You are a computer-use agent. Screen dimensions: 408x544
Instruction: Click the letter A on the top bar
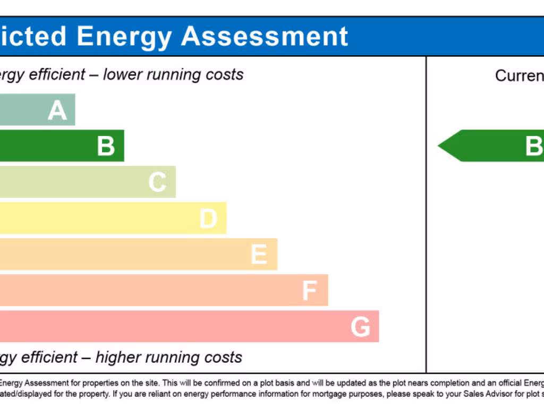[x=57, y=110]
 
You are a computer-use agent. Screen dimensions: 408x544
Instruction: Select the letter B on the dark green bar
[x=106, y=146]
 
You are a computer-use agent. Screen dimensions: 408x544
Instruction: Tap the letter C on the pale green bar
[x=157, y=182]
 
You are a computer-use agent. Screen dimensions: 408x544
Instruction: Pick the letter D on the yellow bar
[x=208, y=218]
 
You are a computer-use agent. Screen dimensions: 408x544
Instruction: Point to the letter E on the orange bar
[x=259, y=254]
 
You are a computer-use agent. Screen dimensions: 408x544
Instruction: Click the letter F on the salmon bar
[x=310, y=291]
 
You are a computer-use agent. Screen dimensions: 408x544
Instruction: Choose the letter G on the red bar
[x=360, y=327]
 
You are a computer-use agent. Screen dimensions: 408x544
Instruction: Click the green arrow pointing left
[x=489, y=146]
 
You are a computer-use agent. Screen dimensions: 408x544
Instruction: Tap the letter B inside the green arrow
[x=533, y=146]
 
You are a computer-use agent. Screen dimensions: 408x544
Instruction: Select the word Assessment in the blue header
[x=265, y=37]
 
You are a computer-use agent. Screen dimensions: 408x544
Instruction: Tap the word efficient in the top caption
[x=58, y=74]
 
